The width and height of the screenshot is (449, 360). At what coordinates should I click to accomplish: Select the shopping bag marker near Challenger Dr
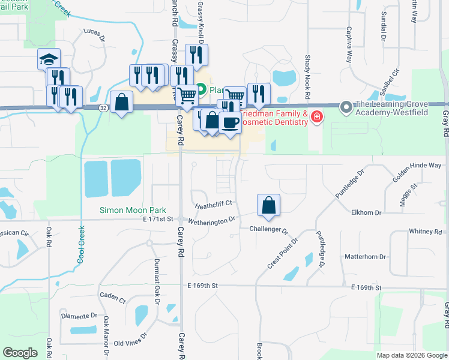click(x=268, y=205)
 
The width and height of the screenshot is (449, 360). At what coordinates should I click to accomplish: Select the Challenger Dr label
click(x=269, y=230)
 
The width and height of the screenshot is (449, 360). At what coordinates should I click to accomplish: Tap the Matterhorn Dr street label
click(x=365, y=257)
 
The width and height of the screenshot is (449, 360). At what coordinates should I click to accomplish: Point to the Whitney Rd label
click(x=425, y=232)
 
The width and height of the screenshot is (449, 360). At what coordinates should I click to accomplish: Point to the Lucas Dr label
click(x=94, y=34)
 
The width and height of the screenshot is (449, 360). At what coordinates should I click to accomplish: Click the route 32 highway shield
click(x=104, y=108)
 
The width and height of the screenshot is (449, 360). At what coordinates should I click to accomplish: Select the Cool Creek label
click(x=80, y=245)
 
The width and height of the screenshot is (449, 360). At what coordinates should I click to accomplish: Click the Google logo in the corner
click(x=20, y=353)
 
